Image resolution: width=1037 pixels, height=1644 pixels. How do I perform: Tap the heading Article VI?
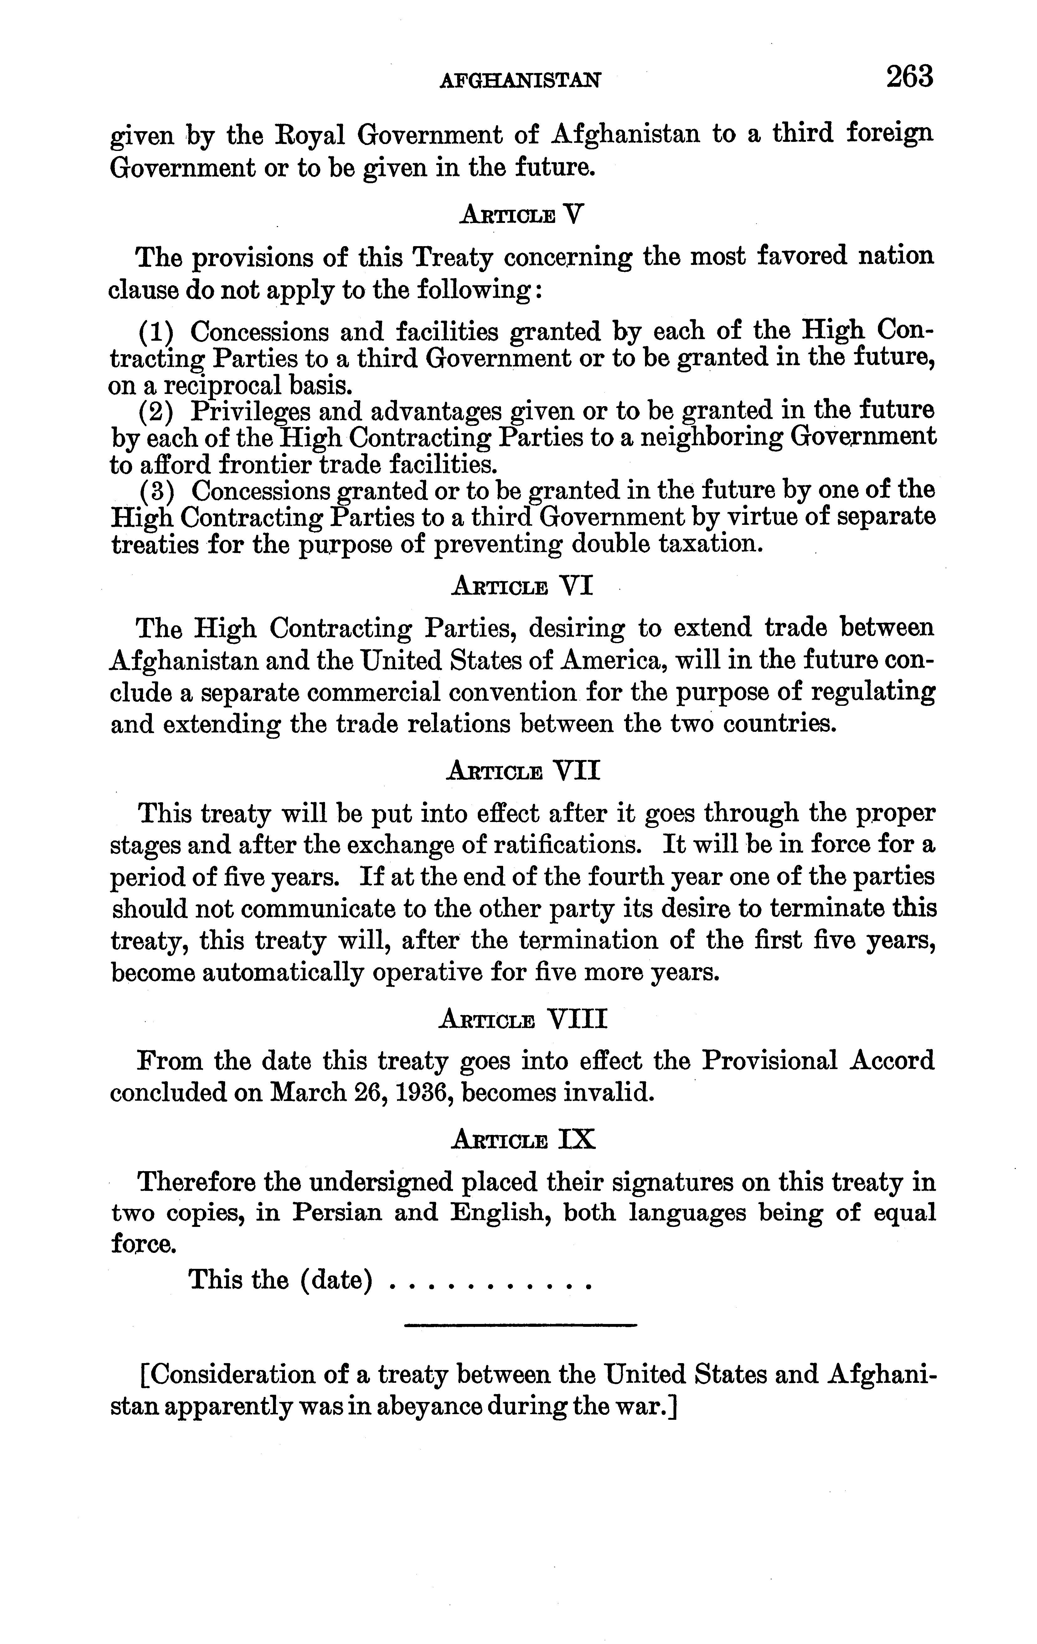pos(522,586)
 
